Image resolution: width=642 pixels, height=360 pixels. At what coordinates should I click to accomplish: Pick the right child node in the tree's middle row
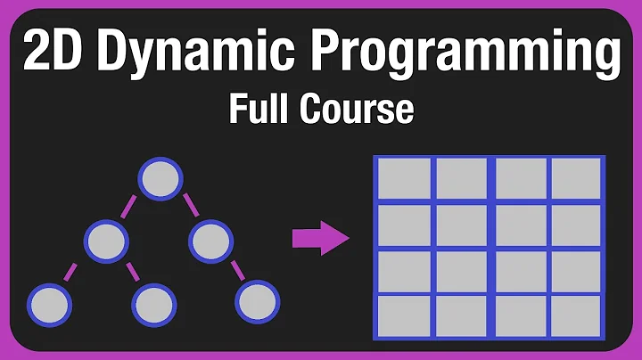pos(210,240)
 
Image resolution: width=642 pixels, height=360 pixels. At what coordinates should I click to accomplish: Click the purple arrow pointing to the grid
pos(319,238)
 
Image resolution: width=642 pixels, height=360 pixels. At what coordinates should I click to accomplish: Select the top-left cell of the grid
pos(404,179)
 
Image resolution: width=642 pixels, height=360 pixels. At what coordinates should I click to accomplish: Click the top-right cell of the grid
pos(576,179)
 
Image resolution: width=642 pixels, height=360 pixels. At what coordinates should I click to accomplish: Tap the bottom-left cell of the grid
pos(404,315)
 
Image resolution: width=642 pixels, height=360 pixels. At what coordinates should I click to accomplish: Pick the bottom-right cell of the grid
pos(576,315)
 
